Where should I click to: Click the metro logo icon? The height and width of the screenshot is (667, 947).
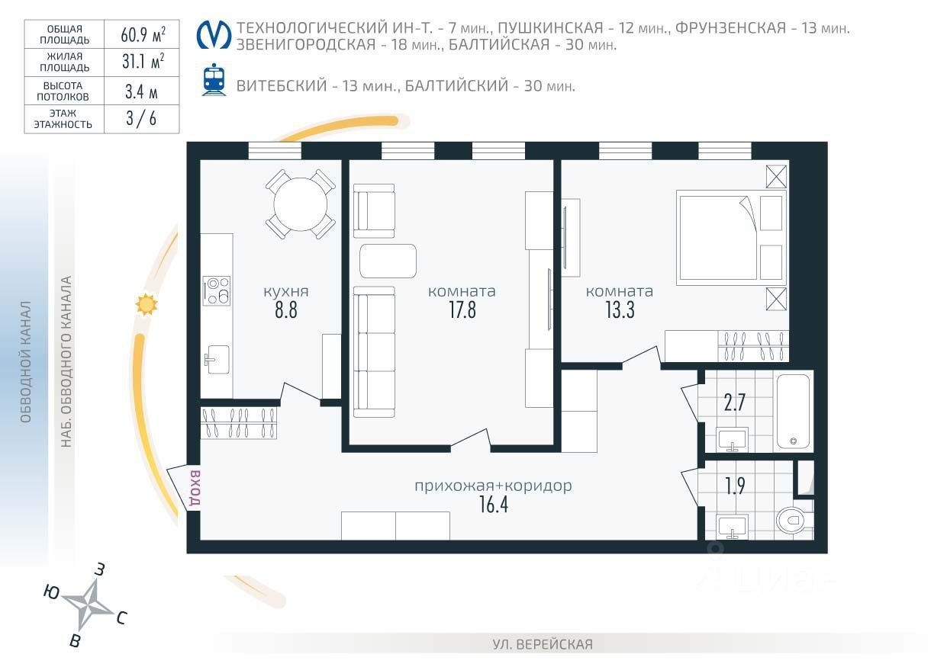pos(214,35)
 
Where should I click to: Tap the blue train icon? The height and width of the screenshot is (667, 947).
pos(214,79)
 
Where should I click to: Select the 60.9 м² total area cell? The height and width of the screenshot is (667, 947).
pos(142,34)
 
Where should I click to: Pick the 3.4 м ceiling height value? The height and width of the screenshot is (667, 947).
pos(142,91)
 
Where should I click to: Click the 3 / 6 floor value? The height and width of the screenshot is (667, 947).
pos(142,119)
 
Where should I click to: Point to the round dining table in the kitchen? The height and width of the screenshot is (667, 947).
pos(301,204)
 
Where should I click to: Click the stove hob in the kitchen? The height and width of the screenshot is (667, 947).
pos(217,290)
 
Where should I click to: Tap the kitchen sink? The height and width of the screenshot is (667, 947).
pos(217,360)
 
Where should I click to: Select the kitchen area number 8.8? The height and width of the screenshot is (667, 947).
pos(286,309)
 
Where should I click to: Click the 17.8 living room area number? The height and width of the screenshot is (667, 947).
pos(462,309)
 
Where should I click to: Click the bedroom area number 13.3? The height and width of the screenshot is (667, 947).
pos(620,309)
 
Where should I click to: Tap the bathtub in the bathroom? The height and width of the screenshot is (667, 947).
pos(793,412)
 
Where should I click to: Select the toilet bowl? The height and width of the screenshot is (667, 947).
pos(793,520)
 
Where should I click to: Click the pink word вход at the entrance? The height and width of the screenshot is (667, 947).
pos(195,488)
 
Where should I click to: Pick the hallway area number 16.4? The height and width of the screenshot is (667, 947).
pos(494,505)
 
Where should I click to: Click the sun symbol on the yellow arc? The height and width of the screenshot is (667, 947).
pos(147,304)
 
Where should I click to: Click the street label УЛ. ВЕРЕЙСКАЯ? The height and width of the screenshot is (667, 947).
pos(543,645)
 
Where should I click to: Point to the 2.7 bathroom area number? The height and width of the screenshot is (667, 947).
pos(734,402)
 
